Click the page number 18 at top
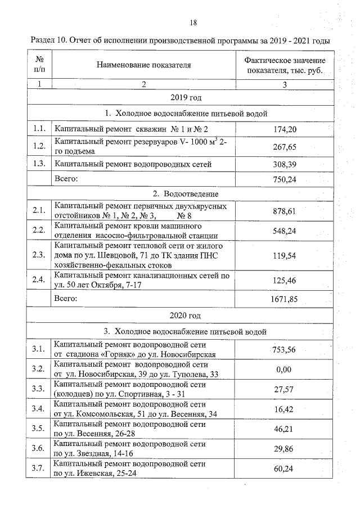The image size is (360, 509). pyautogui.click(x=193, y=23)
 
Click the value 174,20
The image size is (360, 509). pyautogui.click(x=285, y=130)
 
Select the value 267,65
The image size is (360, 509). pyautogui.click(x=285, y=147)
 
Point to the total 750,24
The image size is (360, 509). pyautogui.click(x=285, y=180)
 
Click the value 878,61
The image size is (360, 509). pyautogui.click(x=285, y=211)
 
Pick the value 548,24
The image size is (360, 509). pyautogui.click(x=285, y=231)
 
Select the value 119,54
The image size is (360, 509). pyautogui.click(x=285, y=255)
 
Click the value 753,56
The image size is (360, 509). pyautogui.click(x=285, y=349)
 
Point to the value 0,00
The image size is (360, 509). pyautogui.click(x=285, y=369)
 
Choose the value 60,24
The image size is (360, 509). pyautogui.click(x=285, y=467)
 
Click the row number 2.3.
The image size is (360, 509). pyautogui.click(x=39, y=255)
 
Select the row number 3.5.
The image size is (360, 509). pyautogui.click(x=39, y=428)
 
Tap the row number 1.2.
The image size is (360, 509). pyautogui.click(x=39, y=147)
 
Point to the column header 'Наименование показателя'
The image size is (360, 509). pyautogui.click(x=144, y=65)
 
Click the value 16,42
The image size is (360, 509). pyautogui.click(x=285, y=409)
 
